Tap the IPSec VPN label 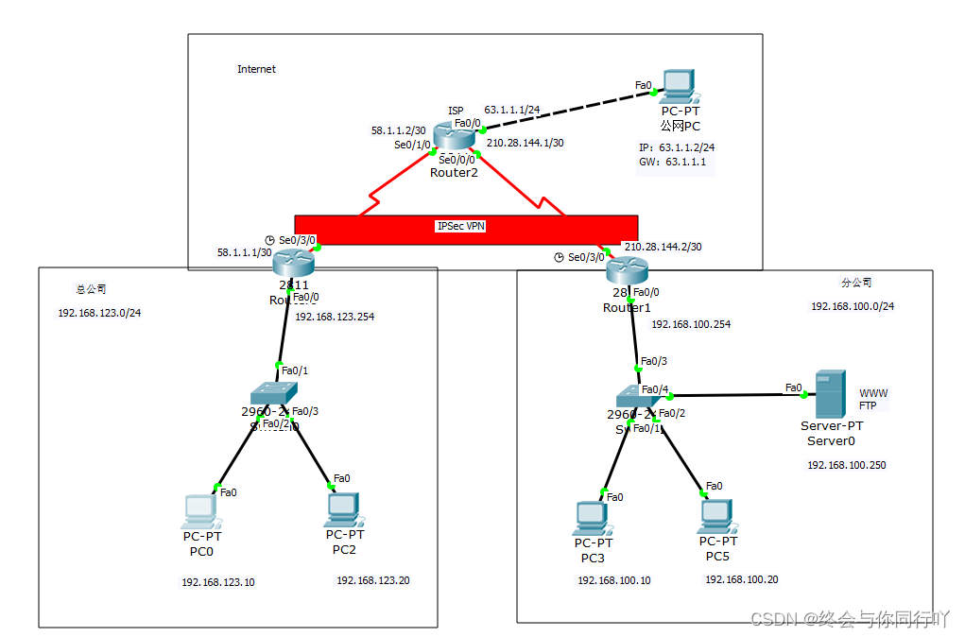pos(461,227)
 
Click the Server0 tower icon pos(830,394)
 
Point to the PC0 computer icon pos(200,510)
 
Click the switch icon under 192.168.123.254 pos(273,392)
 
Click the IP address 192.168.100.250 pos(846,465)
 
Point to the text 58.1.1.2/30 pos(397,131)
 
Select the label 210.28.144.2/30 pos(662,247)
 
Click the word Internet pos(256,69)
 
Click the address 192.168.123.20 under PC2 pos(372,580)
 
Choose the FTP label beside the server pos(868,405)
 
